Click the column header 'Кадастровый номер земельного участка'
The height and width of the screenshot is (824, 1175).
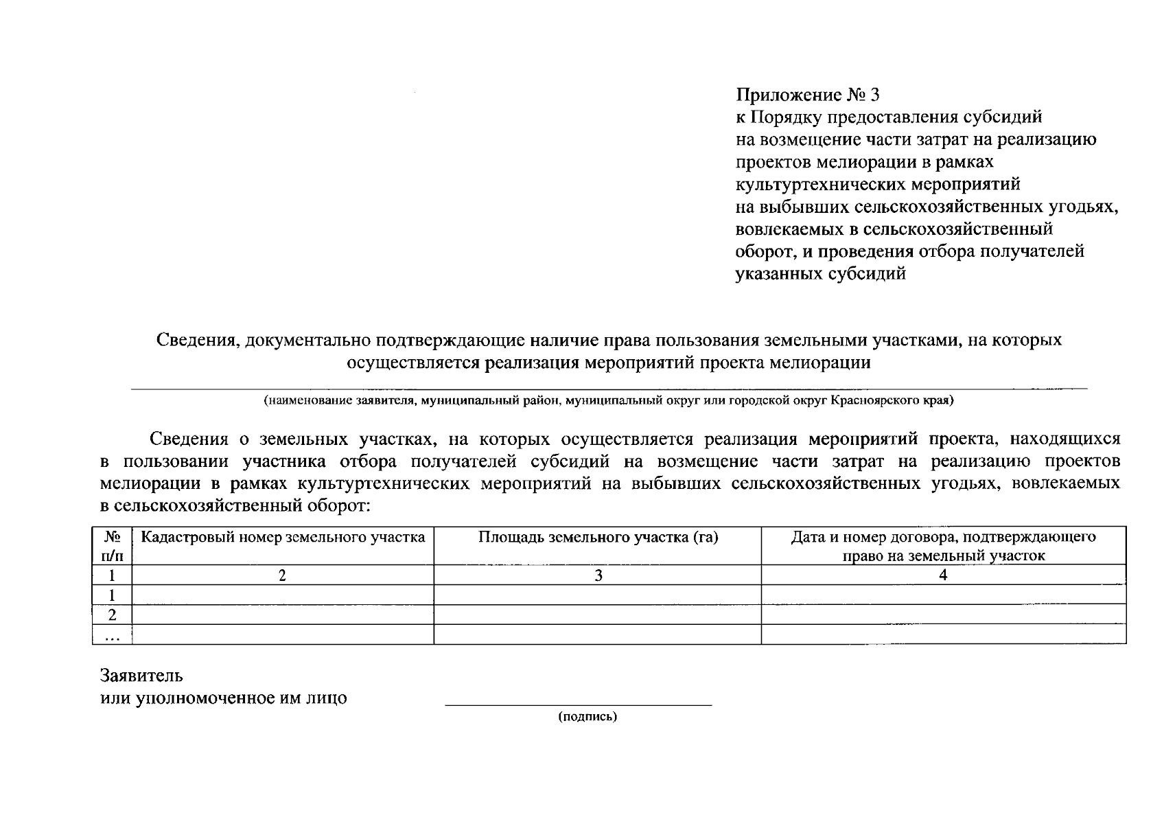click(x=283, y=537)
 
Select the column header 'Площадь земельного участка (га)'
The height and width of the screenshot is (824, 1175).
click(x=598, y=537)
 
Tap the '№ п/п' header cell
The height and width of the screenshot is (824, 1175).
click(x=112, y=546)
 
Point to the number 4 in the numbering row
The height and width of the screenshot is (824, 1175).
click(x=943, y=575)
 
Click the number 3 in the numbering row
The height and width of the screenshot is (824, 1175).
click(x=598, y=575)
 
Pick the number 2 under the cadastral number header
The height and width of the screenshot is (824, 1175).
click(x=282, y=575)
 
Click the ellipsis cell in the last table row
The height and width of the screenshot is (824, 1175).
click(x=112, y=635)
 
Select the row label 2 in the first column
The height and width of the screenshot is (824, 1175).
click(x=112, y=615)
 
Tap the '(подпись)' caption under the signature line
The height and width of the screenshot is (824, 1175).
click(x=587, y=717)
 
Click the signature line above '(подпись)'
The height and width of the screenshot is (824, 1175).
click(x=578, y=705)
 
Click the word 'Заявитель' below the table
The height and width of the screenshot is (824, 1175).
click(x=141, y=676)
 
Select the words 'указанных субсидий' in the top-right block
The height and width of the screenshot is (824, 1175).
click(x=820, y=273)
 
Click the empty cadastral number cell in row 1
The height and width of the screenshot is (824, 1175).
click(x=282, y=595)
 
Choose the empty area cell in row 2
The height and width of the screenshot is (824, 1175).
click(x=597, y=615)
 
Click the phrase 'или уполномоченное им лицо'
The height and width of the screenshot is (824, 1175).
click(x=224, y=698)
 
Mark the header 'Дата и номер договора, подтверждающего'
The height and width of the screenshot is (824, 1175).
click(x=943, y=537)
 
